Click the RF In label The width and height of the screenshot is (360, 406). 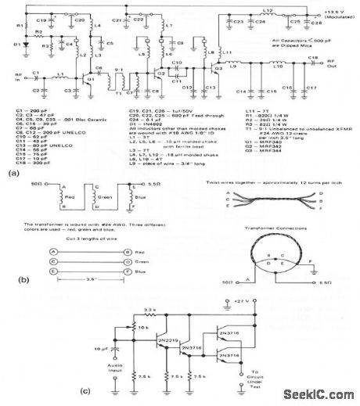[13, 77]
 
